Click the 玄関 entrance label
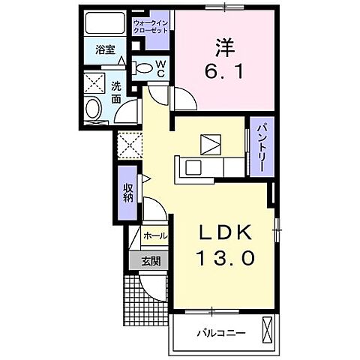150,261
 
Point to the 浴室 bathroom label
105,51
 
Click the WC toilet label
160,68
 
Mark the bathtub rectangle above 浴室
104,24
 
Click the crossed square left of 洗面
94,82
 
